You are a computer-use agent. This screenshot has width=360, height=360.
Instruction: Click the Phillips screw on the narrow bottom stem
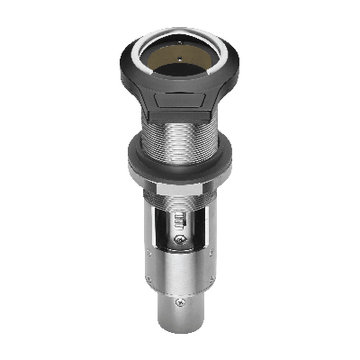181,301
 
